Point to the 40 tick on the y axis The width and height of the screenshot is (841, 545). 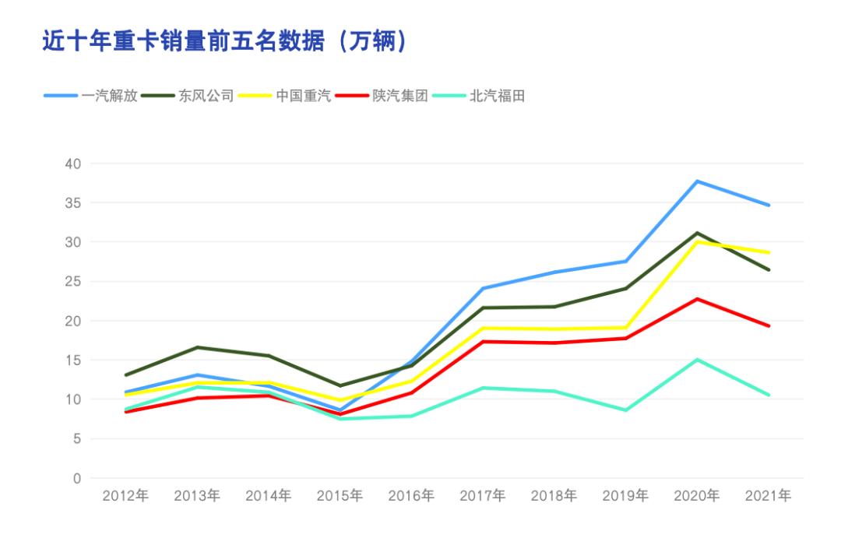click(x=73, y=163)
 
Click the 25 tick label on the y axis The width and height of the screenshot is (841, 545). click(x=73, y=281)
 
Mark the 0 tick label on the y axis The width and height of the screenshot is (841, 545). click(x=77, y=478)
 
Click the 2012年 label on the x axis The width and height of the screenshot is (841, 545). click(x=125, y=496)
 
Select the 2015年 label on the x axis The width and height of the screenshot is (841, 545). click(x=340, y=496)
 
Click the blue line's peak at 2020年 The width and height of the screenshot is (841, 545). click(x=697, y=181)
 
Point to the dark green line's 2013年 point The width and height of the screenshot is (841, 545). click(x=197, y=347)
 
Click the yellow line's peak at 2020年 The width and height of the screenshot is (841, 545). click(x=697, y=241)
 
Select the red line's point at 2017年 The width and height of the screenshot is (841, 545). click(x=483, y=341)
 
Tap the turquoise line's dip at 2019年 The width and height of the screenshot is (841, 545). click(x=625, y=410)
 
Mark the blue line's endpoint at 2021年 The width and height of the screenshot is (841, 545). click(x=769, y=206)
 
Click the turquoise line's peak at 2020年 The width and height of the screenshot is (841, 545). click(x=697, y=360)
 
